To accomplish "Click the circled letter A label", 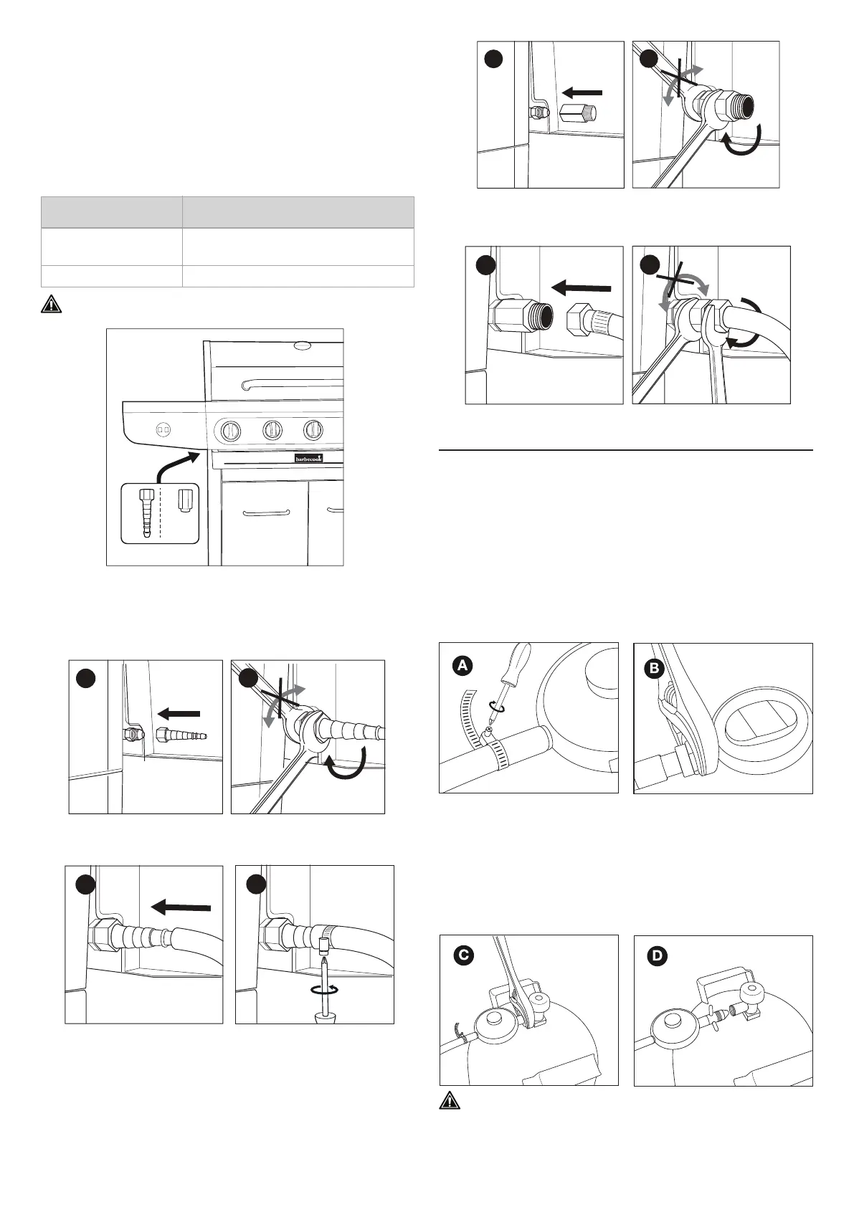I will (463, 666).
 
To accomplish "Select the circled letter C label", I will (464, 955).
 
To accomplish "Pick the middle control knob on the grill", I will (272, 430).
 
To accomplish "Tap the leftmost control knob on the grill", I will (231, 430).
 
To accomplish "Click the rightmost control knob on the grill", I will (313, 430).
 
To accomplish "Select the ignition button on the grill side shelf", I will (163, 429).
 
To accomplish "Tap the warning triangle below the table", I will (50, 303).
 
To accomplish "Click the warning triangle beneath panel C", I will (448, 1121).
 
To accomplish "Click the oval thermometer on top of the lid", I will (303, 345).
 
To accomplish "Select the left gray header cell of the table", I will (110, 211).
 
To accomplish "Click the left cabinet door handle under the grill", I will (265, 512).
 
